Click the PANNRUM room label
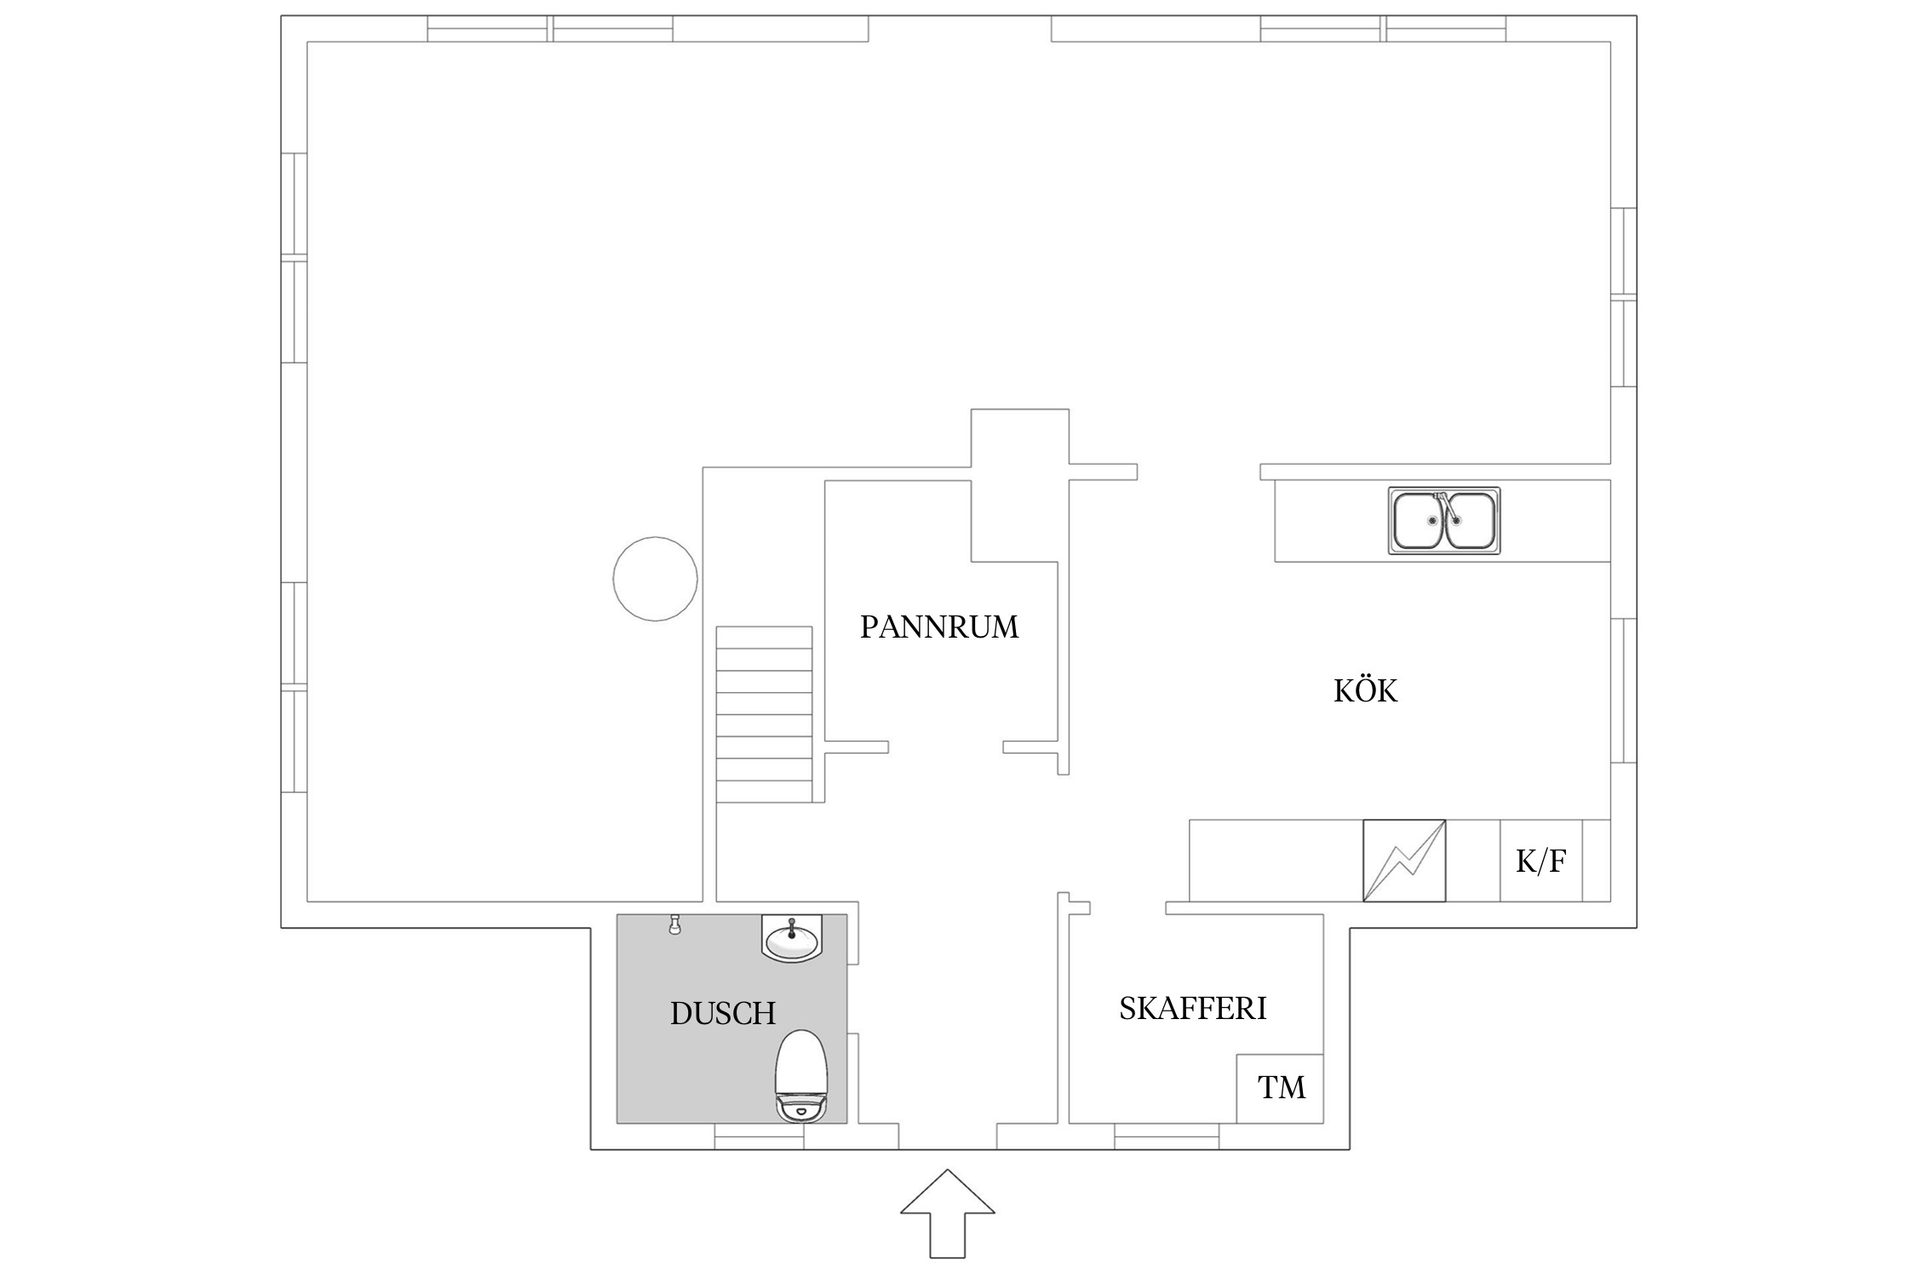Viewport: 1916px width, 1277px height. point(939,627)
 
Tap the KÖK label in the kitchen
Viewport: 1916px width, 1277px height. point(1365,690)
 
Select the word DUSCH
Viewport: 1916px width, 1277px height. point(723,1013)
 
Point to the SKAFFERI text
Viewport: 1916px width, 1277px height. point(1192,1008)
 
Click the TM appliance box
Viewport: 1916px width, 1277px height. point(1281,1088)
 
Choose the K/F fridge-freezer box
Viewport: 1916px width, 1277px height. point(1540,861)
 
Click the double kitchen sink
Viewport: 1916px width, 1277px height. point(1444,521)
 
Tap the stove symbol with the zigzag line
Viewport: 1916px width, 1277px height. point(1404,861)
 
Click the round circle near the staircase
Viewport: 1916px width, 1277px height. point(655,579)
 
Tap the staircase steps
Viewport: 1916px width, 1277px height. point(764,714)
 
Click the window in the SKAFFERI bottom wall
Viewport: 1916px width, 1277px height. point(1167,1137)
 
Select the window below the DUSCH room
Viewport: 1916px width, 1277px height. point(759,1137)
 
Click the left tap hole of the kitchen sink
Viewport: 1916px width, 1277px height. point(1433,520)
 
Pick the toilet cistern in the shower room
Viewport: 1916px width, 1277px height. point(801,1108)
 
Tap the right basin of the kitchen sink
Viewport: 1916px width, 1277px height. point(1468,521)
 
